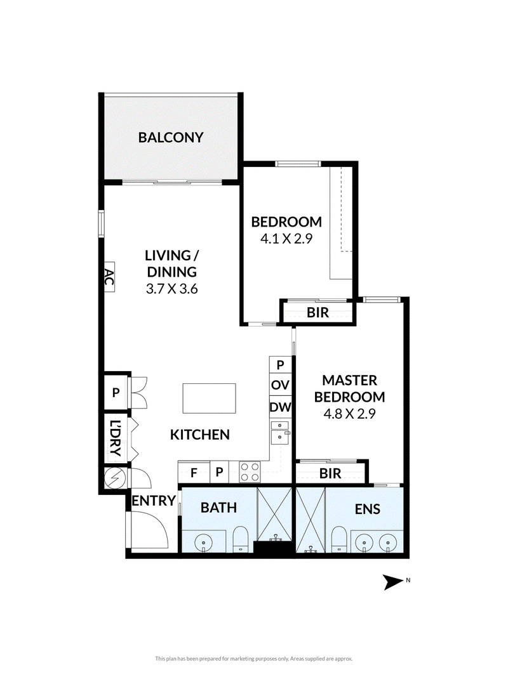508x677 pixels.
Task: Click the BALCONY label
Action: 171,137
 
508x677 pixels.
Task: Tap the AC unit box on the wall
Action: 109,277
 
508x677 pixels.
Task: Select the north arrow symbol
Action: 394,582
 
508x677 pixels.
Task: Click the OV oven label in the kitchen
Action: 280,385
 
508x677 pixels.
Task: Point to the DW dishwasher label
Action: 280,407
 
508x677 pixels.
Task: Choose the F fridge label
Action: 194,473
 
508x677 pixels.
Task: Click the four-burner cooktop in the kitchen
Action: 250,472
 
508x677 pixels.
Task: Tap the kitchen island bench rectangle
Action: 209,398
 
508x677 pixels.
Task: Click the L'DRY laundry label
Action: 115,438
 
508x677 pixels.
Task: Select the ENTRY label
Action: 153,501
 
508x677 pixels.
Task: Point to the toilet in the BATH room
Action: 241,539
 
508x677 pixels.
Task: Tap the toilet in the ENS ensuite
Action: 339,539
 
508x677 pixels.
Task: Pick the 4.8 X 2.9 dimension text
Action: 349,414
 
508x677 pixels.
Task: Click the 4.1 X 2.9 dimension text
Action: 286,239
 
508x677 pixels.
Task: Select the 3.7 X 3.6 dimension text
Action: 171,289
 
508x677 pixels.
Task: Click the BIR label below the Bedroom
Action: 318,313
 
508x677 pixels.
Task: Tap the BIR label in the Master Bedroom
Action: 330,473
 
